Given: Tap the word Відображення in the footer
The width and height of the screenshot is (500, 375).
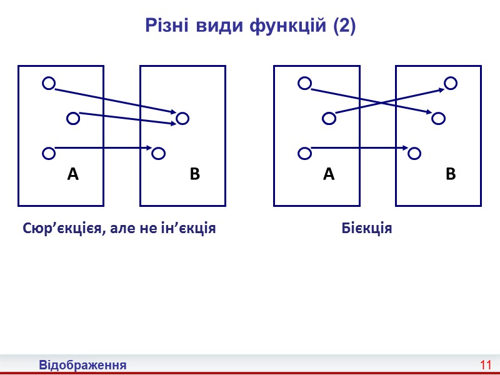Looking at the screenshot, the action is [82, 364].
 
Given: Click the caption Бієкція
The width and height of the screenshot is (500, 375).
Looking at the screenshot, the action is [367, 228].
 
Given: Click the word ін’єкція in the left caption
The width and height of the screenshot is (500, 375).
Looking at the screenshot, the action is [186, 228].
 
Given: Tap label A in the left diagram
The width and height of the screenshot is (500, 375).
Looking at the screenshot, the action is [73, 175].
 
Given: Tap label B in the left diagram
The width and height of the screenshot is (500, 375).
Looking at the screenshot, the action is [194, 175].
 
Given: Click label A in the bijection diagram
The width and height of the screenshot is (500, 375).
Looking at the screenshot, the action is [329, 175].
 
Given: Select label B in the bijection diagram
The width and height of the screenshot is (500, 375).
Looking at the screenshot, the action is [451, 175].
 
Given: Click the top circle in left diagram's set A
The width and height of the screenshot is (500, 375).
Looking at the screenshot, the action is [48, 82].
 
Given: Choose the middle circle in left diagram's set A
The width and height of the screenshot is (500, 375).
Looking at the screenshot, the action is [73, 117].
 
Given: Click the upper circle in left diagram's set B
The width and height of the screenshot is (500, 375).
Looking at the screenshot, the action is [182, 117].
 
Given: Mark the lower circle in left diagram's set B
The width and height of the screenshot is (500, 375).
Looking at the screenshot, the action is [158, 152].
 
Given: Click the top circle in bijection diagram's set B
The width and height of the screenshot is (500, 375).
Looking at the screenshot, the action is [451, 82].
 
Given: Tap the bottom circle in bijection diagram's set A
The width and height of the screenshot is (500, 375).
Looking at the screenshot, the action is [304, 152].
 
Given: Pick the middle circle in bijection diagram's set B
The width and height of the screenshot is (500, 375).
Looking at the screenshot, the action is [438, 117].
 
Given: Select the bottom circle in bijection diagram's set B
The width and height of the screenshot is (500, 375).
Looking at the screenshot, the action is [414, 152].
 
